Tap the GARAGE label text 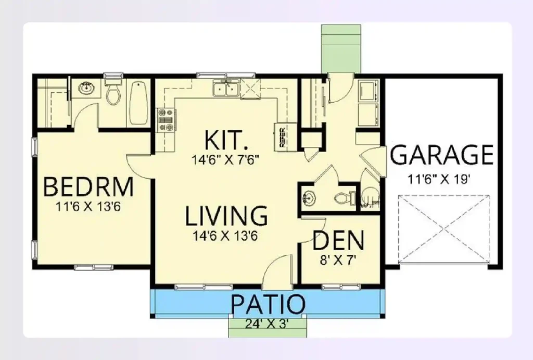[x=441, y=155]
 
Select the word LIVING [x=227, y=216]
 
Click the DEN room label [x=338, y=241]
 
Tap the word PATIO [x=267, y=305]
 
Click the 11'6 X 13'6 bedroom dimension [x=88, y=206]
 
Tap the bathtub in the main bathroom [x=137, y=104]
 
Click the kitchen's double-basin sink [x=226, y=90]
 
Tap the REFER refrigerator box [x=285, y=136]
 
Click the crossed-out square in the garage [x=443, y=228]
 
